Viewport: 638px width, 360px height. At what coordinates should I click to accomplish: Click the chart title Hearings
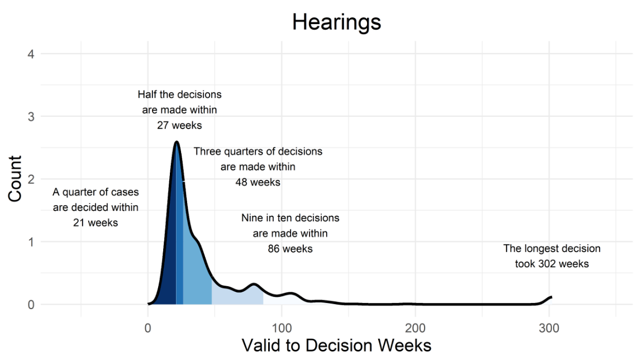pos(336,22)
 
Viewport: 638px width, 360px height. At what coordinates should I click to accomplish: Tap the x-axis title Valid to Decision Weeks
pos(336,345)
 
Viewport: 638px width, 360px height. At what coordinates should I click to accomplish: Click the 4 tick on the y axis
pos(31,54)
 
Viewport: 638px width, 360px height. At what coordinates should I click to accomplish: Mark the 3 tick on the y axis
pos(31,117)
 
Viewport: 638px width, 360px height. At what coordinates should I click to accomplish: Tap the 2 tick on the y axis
pos(31,179)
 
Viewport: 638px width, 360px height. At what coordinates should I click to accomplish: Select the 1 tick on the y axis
pos(31,242)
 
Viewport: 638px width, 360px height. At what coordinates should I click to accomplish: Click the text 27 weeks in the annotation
pos(179,125)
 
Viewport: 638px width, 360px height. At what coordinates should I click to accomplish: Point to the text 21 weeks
pos(96,222)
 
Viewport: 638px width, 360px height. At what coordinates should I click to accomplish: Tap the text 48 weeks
pos(258,182)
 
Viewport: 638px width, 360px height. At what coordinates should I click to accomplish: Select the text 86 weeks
pos(291,249)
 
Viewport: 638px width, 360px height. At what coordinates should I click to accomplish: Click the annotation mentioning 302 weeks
pos(552,256)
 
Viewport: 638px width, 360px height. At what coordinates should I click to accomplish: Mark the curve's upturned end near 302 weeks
pos(551,297)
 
